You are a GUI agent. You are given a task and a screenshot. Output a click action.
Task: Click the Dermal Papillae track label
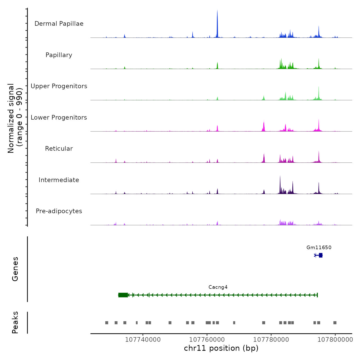click(x=59, y=24)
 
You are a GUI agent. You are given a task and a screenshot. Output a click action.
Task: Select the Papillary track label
click(x=59, y=55)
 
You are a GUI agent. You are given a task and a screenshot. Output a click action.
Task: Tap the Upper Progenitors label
click(x=59, y=86)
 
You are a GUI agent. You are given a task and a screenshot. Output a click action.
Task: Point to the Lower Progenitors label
click(x=59, y=118)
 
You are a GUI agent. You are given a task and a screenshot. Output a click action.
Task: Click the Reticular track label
click(x=59, y=149)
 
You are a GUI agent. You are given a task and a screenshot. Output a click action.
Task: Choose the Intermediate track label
click(x=59, y=180)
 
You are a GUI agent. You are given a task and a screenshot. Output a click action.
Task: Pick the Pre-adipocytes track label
click(x=59, y=211)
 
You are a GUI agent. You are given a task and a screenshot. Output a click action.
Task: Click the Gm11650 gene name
click(x=319, y=247)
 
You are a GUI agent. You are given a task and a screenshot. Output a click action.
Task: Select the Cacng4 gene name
click(x=218, y=287)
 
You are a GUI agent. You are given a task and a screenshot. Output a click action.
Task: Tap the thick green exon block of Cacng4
click(x=123, y=295)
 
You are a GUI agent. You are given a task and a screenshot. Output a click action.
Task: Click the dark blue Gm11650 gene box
click(x=320, y=255)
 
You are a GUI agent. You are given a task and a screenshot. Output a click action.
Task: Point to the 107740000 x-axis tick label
click(x=143, y=339)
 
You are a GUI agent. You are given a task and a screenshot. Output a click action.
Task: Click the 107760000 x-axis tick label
click(x=207, y=339)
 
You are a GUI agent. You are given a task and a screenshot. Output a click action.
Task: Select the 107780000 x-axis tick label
click(x=271, y=339)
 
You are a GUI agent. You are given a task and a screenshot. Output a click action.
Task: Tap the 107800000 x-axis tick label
click(x=335, y=339)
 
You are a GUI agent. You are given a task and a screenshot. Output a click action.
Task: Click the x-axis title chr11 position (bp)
click(x=221, y=348)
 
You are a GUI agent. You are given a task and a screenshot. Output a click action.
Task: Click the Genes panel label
click(x=15, y=269)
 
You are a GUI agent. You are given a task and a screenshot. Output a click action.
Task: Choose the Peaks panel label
click(x=15, y=322)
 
